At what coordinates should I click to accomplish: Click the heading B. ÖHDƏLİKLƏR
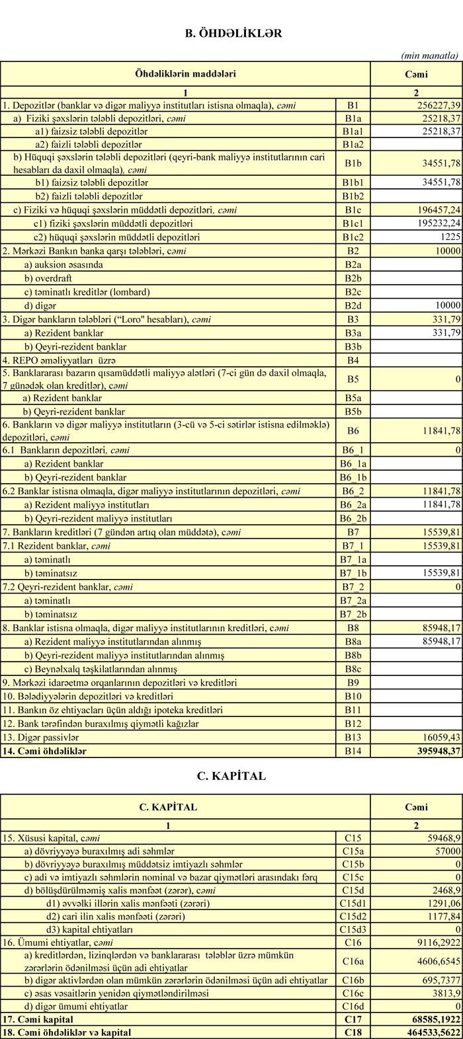click(x=233, y=33)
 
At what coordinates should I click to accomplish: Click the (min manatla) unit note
click(x=429, y=56)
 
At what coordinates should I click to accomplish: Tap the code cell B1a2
click(x=353, y=144)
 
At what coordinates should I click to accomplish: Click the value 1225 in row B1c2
click(x=449, y=237)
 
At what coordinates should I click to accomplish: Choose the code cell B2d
click(x=353, y=305)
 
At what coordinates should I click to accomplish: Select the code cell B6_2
click(x=353, y=491)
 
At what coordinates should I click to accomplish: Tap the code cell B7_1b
click(x=353, y=572)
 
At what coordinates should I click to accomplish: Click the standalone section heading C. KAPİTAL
click(x=232, y=776)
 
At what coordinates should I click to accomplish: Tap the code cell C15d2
click(x=353, y=916)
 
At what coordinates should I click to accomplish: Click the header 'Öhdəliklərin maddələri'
click(x=185, y=74)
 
